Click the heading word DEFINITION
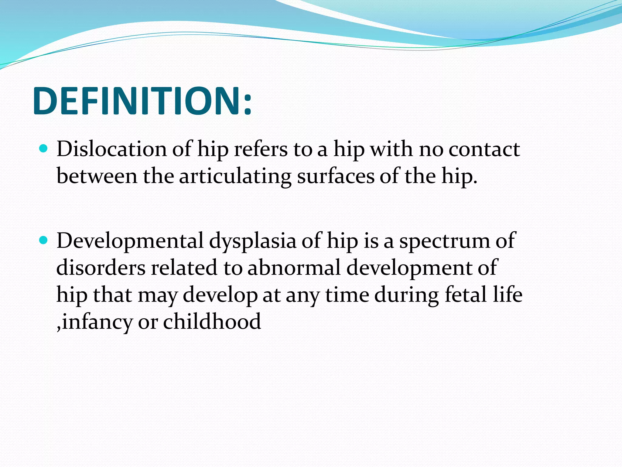[137, 101]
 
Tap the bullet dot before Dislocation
[44, 149]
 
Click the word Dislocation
[111, 149]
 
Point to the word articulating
[235, 176]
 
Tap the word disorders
[101, 268]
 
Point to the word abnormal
[294, 268]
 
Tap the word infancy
[97, 322]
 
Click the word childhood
[212, 322]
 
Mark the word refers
[261, 149]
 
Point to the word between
[97, 176]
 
